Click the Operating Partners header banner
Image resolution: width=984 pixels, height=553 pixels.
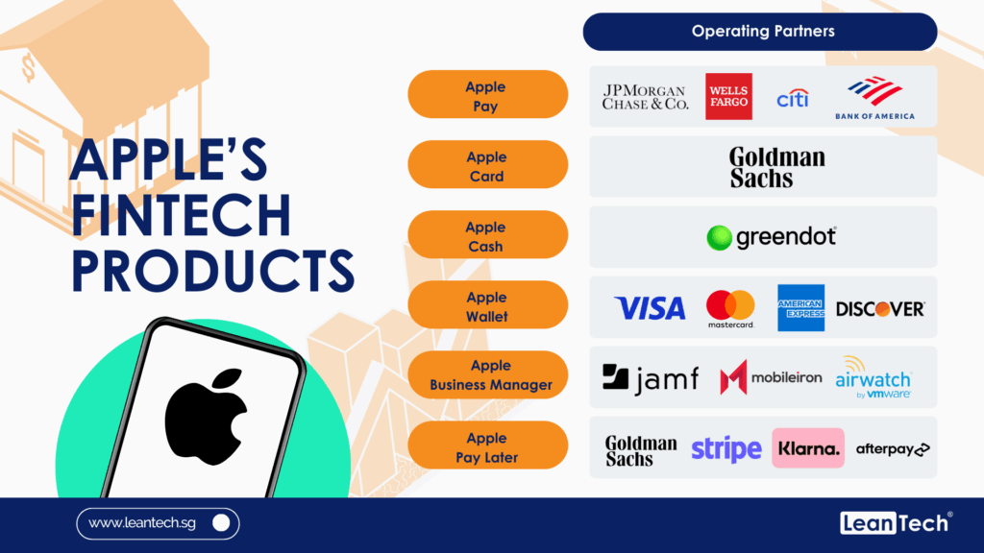pos(760,32)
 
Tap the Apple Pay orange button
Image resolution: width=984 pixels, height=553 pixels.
pos(487,94)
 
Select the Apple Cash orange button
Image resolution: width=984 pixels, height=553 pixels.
pos(487,234)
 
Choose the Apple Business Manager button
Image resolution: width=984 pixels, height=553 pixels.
pos(487,375)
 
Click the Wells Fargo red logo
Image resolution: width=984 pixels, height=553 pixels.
pos(728,96)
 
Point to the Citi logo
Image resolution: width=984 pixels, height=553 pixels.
pos(793,98)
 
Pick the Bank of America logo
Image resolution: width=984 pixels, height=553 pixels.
pos(874,98)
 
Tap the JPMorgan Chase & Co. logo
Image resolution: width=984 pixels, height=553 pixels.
pos(645,97)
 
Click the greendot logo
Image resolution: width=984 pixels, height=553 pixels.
pos(772,238)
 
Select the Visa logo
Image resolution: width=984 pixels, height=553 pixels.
pos(650,308)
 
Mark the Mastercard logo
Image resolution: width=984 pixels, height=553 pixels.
pos(730,308)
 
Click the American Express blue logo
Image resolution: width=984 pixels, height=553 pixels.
pos(800,308)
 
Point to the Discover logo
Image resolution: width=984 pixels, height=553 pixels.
pos(880,308)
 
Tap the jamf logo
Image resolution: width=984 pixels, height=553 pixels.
pos(651,378)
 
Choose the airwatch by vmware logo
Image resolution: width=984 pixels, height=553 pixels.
pos(873,377)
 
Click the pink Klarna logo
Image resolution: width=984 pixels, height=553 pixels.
pos(808,448)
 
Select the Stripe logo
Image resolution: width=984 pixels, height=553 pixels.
pos(726,449)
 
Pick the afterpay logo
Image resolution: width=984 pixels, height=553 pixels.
pos(893,449)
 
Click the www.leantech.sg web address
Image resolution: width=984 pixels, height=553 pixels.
pos(142,523)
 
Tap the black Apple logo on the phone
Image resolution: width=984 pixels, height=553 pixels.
pos(207,417)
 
